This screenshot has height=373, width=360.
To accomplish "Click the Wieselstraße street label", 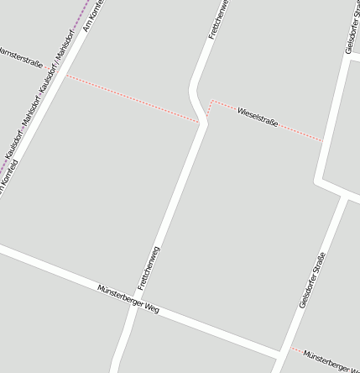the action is pyautogui.click(x=258, y=117).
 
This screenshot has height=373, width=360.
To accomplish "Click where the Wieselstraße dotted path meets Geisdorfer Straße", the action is pyautogui.click(x=323, y=141).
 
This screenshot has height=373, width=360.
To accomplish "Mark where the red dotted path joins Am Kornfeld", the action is pyautogui.click(x=68, y=76).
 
